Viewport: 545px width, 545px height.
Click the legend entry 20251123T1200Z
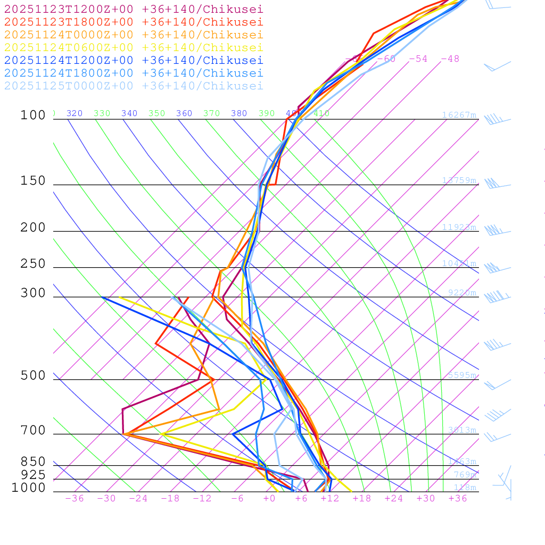point(134,9)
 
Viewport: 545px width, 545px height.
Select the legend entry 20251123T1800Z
point(134,22)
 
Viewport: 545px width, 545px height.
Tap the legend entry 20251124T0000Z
point(134,35)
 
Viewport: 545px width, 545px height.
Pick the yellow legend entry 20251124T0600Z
point(134,47)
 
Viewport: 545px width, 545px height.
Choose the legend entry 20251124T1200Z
point(134,60)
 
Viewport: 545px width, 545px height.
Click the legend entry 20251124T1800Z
point(134,73)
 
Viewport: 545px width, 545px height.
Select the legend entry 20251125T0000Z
point(134,86)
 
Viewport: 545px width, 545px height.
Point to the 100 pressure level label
point(33,115)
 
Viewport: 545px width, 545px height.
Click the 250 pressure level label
point(33,264)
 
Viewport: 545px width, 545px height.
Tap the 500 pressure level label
point(33,376)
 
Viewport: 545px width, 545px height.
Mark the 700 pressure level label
point(33,431)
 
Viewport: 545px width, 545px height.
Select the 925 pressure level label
point(33,475)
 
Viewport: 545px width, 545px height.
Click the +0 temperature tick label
point(269,498)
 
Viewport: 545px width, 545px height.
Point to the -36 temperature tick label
point(74,498)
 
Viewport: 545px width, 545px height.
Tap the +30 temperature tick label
point(426,498)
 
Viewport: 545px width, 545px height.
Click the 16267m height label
point(459,115)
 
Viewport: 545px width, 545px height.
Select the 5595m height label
point(462,375)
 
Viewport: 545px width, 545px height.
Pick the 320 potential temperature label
point(75,113)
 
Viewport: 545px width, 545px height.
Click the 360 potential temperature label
point(184,113)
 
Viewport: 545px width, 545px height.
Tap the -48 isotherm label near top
point(450,59)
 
